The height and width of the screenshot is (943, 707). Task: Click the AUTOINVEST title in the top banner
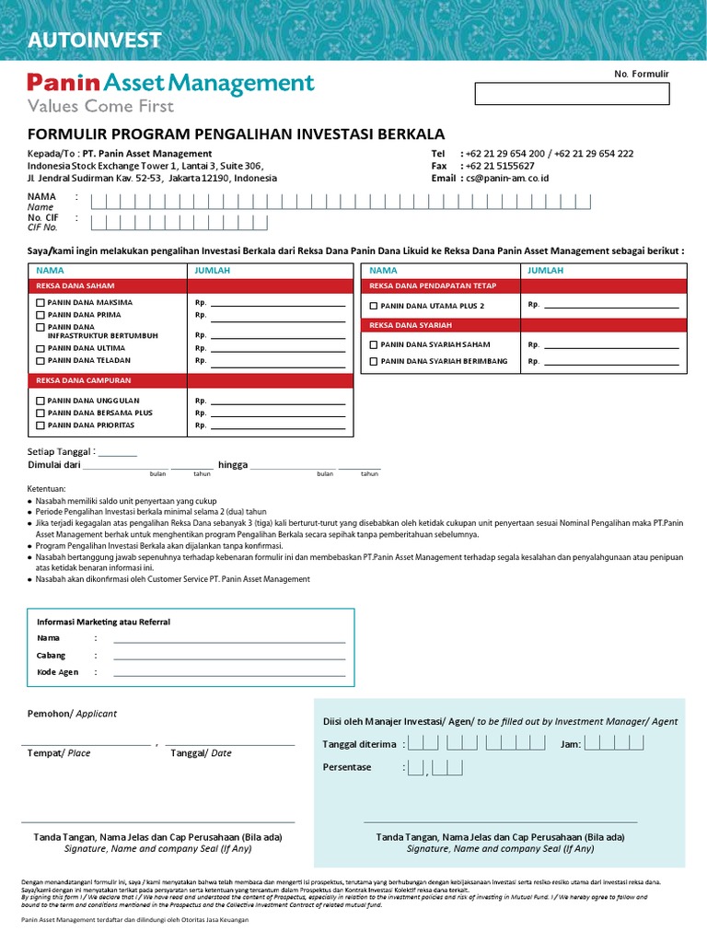[95, 40]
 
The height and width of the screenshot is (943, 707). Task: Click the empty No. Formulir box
[572, 94]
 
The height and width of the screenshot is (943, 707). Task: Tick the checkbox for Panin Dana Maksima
[40, 303]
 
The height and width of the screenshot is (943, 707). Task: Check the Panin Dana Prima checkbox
[40, 315]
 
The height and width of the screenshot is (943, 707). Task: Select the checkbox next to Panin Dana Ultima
[40, 349]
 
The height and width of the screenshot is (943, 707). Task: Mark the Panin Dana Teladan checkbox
[40, 361]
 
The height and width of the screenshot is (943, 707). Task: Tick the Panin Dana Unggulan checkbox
[40, 402]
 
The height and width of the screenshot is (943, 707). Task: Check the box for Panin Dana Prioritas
[40, 425]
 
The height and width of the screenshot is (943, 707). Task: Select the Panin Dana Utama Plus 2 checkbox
[373, 306]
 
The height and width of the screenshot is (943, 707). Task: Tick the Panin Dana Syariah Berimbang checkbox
[373, 362]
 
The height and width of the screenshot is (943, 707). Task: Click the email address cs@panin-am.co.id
[506, 179]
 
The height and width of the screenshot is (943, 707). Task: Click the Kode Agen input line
[228, 673]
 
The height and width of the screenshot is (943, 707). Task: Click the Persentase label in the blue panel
[347, 767]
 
